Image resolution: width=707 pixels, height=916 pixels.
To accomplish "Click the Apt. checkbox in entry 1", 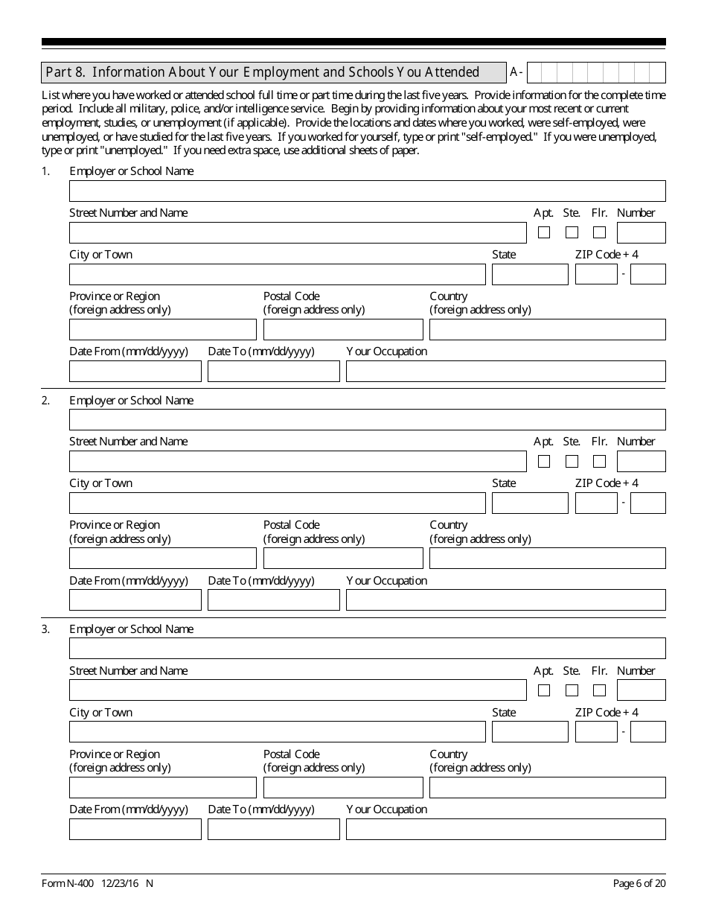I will click(544, 232).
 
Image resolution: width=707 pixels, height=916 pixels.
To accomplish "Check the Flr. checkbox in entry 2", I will click(599, 461).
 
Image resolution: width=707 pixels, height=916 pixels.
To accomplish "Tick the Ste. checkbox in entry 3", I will click(572, 690).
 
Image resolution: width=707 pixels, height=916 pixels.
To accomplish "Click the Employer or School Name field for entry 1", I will click(367, 191).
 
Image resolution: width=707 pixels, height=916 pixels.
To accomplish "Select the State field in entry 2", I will click(529, 503).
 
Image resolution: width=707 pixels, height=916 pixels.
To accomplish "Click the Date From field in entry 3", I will click(135, 829).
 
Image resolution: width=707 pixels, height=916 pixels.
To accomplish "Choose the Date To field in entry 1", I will click(273, 371).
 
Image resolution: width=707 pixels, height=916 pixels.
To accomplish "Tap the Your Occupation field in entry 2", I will click(505, 600).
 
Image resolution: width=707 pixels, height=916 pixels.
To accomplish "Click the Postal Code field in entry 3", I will click(342, 787).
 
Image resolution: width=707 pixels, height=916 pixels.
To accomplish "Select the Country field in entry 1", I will click(547, 329).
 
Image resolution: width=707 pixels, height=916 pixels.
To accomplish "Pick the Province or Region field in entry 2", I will click(162, 559).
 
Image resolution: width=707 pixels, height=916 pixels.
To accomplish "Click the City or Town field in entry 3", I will click(277, 732).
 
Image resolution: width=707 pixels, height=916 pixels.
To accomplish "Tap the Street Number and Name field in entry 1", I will click(298, 232).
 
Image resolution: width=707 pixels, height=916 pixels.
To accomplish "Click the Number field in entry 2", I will click(641, 461).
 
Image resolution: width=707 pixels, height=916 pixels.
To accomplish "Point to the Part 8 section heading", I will click(263, 72).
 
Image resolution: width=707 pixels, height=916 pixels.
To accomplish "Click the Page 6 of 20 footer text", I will click(639, 883).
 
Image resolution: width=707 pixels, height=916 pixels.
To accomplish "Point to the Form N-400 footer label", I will click(97, 883).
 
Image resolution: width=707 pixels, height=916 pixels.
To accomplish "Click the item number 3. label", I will click(46, 629).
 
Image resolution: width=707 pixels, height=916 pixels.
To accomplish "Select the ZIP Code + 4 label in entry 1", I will click(607, 255).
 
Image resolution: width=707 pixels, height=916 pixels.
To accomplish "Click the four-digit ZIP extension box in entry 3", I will click(647, 732).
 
